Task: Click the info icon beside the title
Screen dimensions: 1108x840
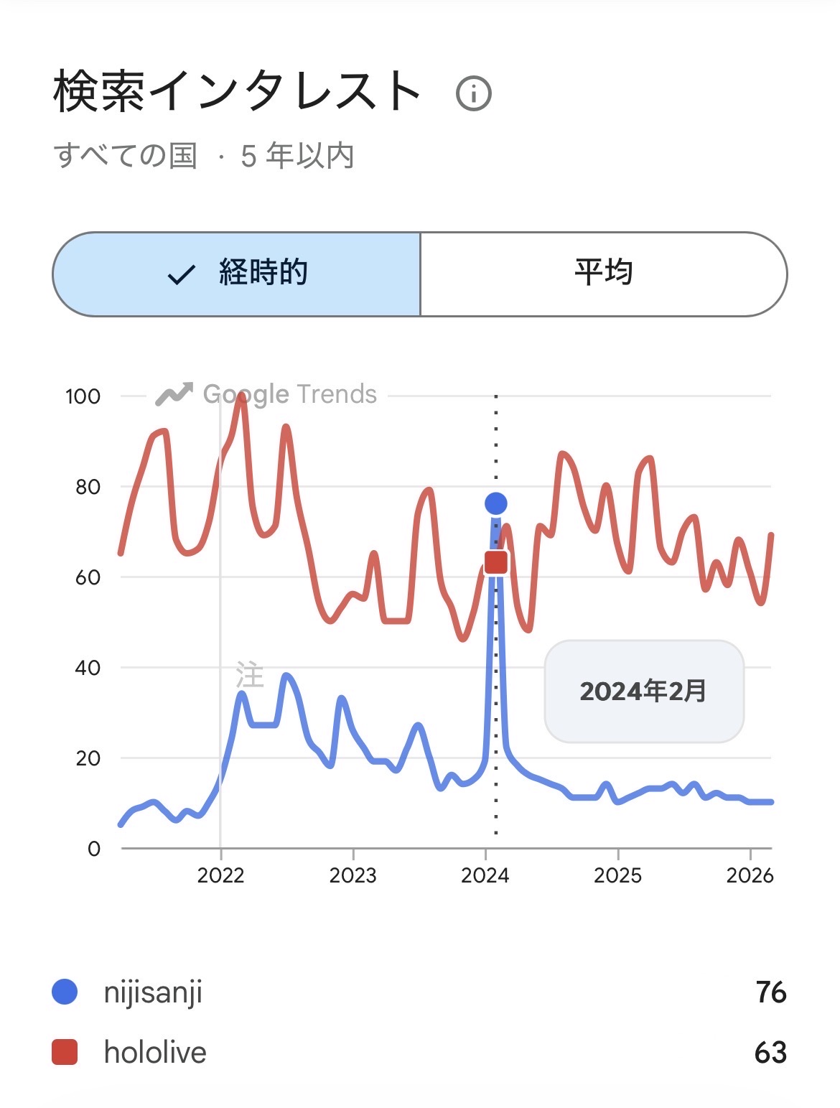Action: point(474,93)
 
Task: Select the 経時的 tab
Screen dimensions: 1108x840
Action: point(237,274)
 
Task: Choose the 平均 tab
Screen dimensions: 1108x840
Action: point(603,274)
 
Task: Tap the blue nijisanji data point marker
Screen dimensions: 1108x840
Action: point(495,504)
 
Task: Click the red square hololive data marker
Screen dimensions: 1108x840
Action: point(495,562)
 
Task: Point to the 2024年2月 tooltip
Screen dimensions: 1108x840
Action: point(644,691)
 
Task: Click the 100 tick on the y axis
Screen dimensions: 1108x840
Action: point(83,396)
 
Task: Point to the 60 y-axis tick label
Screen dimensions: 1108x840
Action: point(88,577)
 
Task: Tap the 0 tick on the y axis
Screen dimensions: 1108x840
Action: point(94,849)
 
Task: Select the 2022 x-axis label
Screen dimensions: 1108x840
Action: point(220,875)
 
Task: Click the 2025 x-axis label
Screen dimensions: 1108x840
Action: point(617,875)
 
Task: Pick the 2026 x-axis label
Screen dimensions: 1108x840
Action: point(750,875)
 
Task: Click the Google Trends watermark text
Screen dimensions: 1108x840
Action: point(289,394)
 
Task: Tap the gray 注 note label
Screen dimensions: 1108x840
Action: point(250,676)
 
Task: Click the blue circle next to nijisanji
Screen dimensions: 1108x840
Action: point(65,992)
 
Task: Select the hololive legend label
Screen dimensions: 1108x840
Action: point(155,1053)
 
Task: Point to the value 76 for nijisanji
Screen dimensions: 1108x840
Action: point(771,992)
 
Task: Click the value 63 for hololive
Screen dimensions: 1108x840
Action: point(770,1053)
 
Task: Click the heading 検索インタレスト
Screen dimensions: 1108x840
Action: point(237,92)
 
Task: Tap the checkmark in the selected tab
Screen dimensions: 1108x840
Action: point(181,274)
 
